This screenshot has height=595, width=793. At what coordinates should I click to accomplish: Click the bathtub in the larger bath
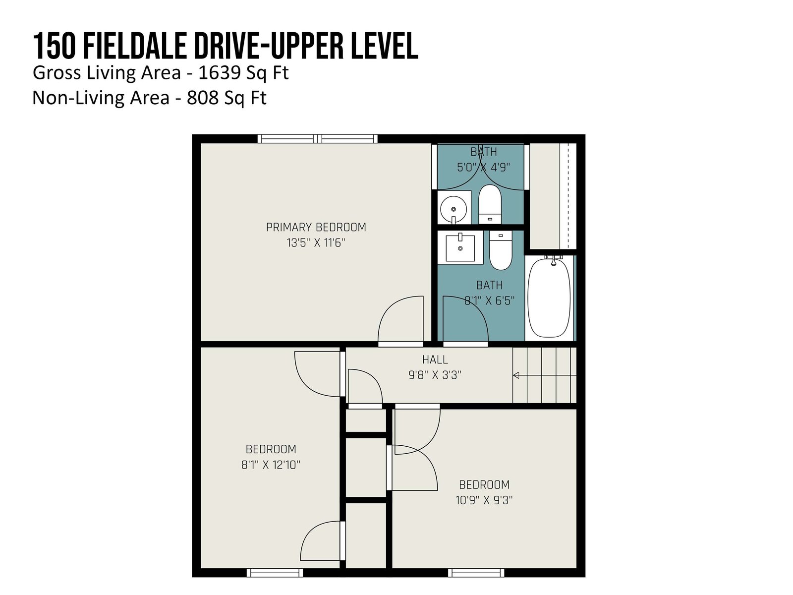(549, 297)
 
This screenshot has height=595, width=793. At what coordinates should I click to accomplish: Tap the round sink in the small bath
(453, 209)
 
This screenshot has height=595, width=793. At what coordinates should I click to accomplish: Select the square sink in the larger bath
(460, 247)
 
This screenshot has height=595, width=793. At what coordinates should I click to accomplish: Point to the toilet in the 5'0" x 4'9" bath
(490, 204)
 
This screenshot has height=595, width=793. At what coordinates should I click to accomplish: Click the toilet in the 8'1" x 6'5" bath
(501, 250)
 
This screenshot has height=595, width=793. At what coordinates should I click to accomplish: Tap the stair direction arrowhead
(516, 375)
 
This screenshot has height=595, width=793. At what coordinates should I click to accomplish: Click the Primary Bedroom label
(316, 227)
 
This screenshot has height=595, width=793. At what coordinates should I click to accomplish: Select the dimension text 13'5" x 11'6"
(316, 243)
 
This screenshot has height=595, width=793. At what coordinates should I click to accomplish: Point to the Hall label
(435, 359)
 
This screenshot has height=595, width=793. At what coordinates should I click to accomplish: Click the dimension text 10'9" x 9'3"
(484, 500)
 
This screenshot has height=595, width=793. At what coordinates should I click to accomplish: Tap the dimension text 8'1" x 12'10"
(271, 465)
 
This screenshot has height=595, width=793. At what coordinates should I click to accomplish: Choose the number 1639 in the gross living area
(219, 72)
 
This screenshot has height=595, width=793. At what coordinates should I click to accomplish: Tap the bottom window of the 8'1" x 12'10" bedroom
(275, 573)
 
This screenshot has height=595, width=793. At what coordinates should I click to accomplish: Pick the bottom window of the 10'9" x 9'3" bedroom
(476, 573)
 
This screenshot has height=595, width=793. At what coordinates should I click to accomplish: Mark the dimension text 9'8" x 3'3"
(435, 375)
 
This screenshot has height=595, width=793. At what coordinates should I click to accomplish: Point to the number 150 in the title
(54, 46)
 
